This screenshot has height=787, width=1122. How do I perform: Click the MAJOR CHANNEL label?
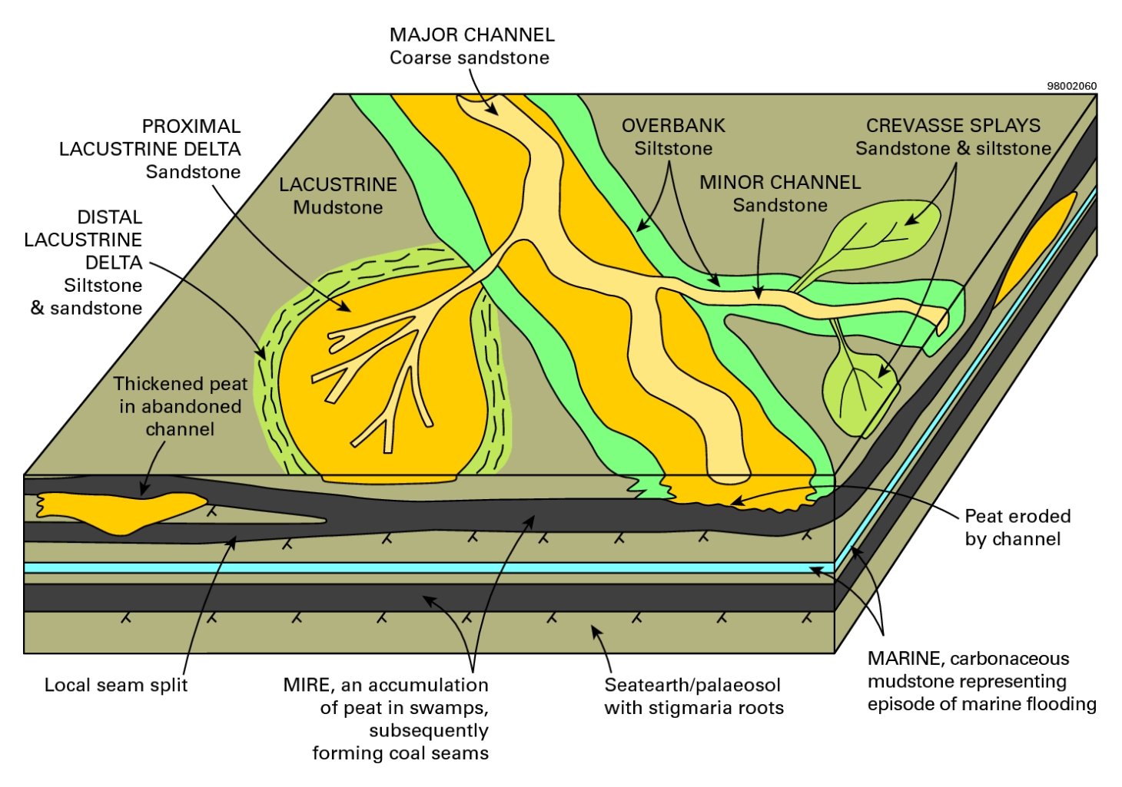[471, 35]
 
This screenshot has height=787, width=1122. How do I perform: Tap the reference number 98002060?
[1071, 86]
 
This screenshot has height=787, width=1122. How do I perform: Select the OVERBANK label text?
[673, 126]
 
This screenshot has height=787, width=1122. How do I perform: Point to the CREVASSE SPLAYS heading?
[953, 126]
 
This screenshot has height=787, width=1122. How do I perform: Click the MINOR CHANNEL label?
[779, 183]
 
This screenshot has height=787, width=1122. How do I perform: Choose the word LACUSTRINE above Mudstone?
[338, 185]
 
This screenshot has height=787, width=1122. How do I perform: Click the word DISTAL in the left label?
[110, 217]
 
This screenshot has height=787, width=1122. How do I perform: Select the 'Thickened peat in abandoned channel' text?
[181, 406]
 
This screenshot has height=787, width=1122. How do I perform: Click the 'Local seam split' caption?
[116, 685]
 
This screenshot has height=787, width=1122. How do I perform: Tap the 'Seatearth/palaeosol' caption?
[692, 685]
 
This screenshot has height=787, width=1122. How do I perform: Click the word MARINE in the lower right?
[905, 659]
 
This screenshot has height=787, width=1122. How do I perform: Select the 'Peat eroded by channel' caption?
[1017, 527]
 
